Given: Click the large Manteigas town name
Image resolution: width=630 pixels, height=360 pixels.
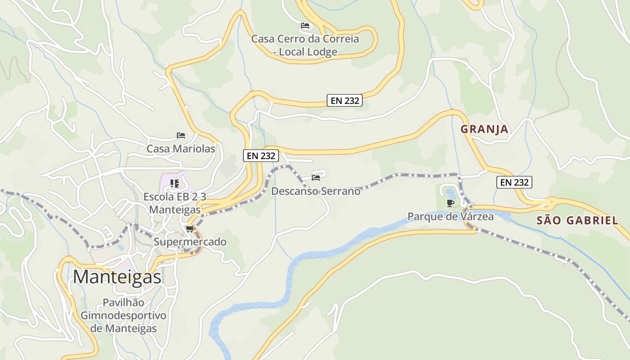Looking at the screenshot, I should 117,277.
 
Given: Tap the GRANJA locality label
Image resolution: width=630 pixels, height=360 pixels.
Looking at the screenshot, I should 484,129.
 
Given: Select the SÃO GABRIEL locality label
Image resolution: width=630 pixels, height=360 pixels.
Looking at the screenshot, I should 577,220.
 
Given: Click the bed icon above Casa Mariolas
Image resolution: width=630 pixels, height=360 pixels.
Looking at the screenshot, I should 181,135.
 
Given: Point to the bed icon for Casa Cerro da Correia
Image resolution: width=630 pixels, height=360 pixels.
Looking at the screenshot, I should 305,26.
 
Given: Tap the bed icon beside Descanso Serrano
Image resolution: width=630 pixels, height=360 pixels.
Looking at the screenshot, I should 316,178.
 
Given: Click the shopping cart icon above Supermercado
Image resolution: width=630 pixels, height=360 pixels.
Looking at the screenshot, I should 190,229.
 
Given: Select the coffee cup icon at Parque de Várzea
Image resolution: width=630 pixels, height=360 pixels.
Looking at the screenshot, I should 450,203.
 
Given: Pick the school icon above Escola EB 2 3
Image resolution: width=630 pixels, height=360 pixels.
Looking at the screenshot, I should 175,184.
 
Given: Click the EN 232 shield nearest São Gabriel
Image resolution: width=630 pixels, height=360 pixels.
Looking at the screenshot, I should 514,182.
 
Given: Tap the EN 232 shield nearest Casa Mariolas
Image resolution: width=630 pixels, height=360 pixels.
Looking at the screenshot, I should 261,156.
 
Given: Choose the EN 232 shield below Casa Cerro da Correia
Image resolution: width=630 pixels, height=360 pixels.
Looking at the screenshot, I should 345,101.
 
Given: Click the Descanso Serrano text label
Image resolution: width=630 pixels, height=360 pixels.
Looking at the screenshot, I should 315,191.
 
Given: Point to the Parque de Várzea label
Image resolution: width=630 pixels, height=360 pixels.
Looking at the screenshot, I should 450,216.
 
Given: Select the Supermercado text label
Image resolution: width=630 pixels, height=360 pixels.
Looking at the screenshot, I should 190,242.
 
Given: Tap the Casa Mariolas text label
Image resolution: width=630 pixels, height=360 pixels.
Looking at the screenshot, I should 181,148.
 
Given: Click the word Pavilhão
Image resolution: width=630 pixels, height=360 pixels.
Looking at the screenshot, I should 123,302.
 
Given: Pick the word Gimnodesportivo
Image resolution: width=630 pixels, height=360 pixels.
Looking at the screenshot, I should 123,315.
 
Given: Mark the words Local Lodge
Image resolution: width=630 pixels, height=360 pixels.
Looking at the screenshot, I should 308,52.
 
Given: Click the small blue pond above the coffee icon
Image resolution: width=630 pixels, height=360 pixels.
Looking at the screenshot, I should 450,193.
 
